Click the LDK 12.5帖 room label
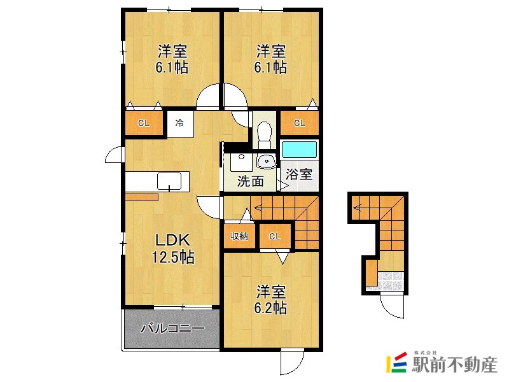pos(172,249)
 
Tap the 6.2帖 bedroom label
pos(271,300)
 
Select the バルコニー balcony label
pos(172,329)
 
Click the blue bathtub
pos(299,150)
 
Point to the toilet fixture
pos(263,132)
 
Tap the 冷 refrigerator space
pos(180,123)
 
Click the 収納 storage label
pos(239,236)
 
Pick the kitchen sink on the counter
pos(169,181)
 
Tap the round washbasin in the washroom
pos(265,160)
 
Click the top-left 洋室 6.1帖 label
pos(172,59)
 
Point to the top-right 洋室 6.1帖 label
pos(271,59)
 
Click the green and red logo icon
pos(396,362)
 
